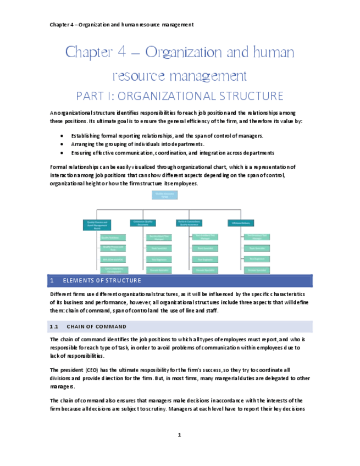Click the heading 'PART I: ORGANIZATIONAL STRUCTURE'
(x=180, y=96)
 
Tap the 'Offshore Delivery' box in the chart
(x=240, y=223)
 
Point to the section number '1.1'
(x=54, y=326)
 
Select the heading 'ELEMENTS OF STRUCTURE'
(x=102, y=281)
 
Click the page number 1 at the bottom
(x=179, y=435)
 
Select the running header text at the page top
(x=121, y=25)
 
